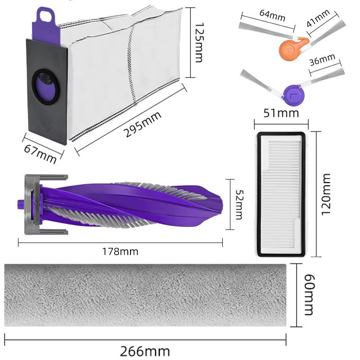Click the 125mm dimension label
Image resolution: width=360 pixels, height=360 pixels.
click(199, 42)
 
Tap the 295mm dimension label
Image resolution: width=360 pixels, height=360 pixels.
click(142, 124)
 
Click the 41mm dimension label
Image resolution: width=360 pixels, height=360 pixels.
click(318, 18)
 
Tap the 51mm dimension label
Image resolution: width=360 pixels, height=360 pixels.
click(281, 113)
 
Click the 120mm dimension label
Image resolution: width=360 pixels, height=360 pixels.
click(326, 194)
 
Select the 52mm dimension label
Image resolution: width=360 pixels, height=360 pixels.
click(240, 205)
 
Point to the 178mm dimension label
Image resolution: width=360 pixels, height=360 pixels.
click(120, 252)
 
